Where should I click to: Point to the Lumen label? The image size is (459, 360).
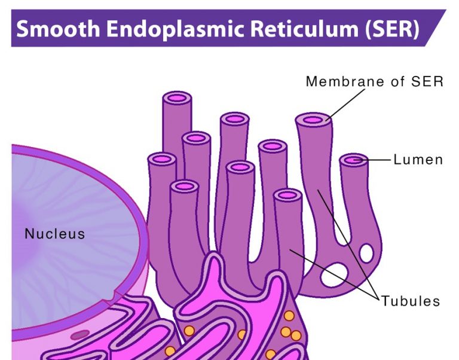(418, 160)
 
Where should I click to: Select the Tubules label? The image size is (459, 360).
(411, 300)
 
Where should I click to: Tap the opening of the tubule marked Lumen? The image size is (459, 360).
(354, 160)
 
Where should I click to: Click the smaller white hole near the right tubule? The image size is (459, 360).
(366, 253)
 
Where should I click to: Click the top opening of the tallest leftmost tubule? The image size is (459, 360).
(177, 97)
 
